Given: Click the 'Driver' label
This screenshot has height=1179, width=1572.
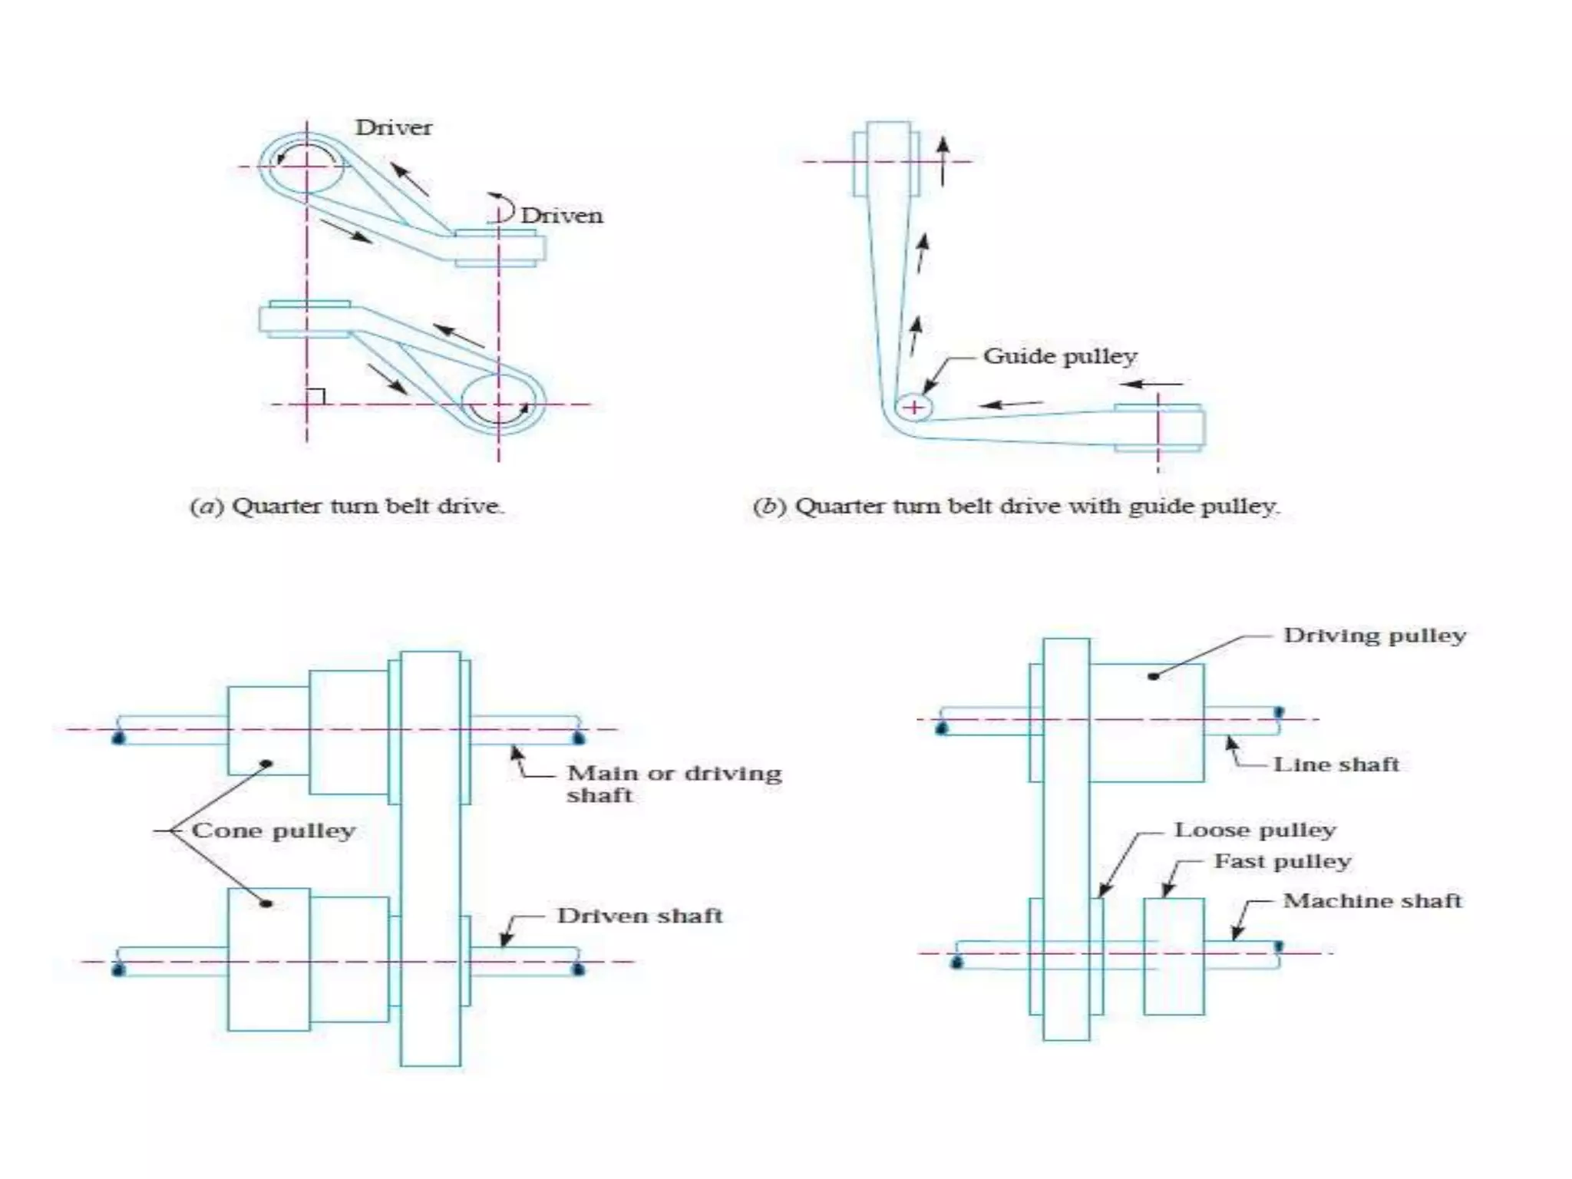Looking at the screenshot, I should click(393, 127).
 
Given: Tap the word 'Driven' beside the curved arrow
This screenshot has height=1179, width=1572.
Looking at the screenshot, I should click(561, 216).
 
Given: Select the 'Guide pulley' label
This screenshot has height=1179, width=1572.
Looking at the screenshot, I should click(1059, 356).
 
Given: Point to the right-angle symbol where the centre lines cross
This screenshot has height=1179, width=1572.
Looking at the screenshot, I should click(315, 396).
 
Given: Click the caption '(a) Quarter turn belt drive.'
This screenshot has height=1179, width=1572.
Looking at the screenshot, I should click(347, 507).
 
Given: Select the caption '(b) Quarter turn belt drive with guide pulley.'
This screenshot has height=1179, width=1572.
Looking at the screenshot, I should click(1016, 507).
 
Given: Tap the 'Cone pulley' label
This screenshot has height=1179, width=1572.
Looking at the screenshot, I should click(273, 831).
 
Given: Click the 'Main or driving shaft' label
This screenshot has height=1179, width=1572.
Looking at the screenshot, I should click(673, 783).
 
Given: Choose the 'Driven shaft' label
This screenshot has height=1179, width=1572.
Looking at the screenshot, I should click(639, 916).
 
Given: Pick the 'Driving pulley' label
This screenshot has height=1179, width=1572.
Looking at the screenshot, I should click(1374, 636).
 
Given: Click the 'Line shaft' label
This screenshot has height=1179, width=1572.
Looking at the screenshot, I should click(1336, 765).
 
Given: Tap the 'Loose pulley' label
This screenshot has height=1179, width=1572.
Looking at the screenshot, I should click(1255, 831).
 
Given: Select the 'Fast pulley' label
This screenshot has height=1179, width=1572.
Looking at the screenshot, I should click(1282, 862).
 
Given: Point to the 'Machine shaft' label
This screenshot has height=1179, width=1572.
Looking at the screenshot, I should click(1372, 901).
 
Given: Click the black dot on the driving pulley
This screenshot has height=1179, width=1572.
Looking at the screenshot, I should click(1153, 676).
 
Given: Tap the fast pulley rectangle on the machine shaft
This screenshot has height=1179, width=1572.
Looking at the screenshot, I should click(1174, 956).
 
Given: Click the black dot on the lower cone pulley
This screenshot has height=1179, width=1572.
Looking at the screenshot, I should click(266, 904).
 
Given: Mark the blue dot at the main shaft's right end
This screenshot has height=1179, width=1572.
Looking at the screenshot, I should click(579, 738).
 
